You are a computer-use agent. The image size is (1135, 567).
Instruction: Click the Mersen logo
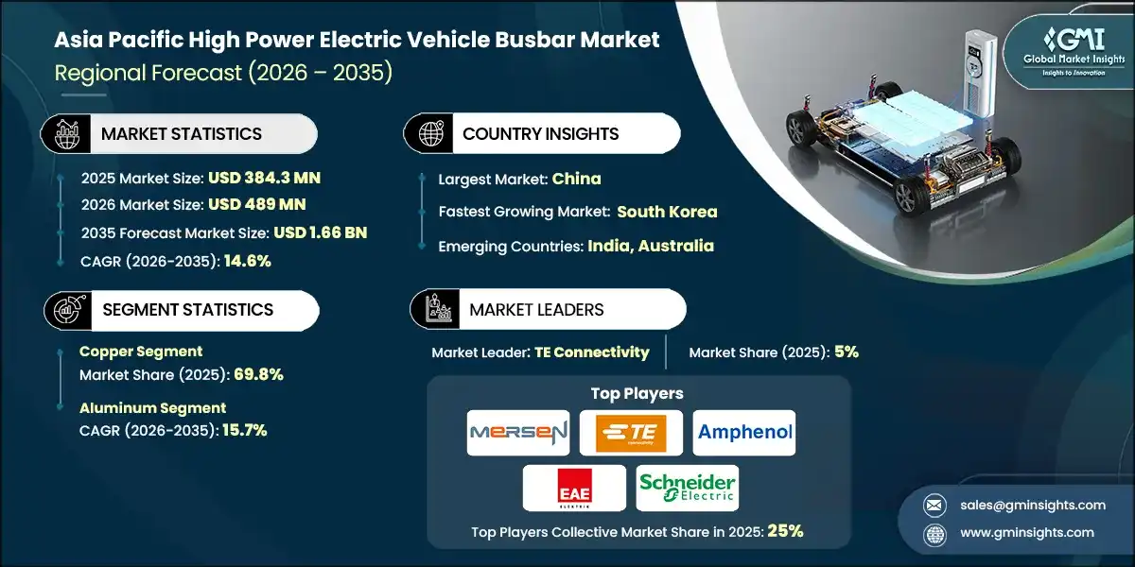point(518,434)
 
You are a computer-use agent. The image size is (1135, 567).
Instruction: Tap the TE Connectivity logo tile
point(631,434)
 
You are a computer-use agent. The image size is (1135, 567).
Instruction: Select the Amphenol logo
point(744,434)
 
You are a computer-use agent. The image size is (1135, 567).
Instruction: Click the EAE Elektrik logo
point(574,488)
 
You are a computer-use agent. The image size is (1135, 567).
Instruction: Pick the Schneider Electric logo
point(687,488)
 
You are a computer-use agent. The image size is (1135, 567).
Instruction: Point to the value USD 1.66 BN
point(320,232)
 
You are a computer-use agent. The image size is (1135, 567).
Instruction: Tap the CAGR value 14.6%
point(247,260)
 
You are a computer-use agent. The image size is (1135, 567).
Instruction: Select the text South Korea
point(668,212)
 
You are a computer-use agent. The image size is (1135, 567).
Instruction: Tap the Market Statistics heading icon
point(63,134)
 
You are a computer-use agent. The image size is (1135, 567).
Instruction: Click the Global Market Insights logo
point(1058,54)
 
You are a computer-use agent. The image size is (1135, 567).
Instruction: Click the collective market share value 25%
point(786,531)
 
